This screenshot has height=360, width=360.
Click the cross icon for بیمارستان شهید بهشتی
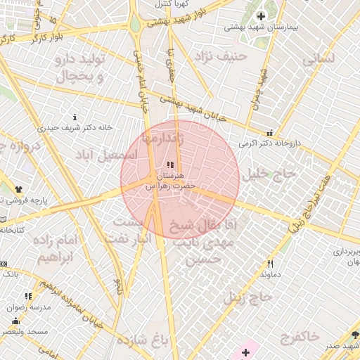[261, 15]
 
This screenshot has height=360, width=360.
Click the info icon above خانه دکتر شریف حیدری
[75, 117]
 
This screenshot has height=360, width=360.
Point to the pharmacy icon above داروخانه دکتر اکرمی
[269, 133]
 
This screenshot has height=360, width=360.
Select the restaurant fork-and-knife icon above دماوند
[270, 264]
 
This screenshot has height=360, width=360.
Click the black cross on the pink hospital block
[245, 352]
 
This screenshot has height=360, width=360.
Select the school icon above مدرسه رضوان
[28, 297]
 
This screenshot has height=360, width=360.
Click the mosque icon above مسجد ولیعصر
[15, 321]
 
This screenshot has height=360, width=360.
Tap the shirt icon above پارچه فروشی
[19, 189]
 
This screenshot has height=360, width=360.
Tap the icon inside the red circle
[169, 164]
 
